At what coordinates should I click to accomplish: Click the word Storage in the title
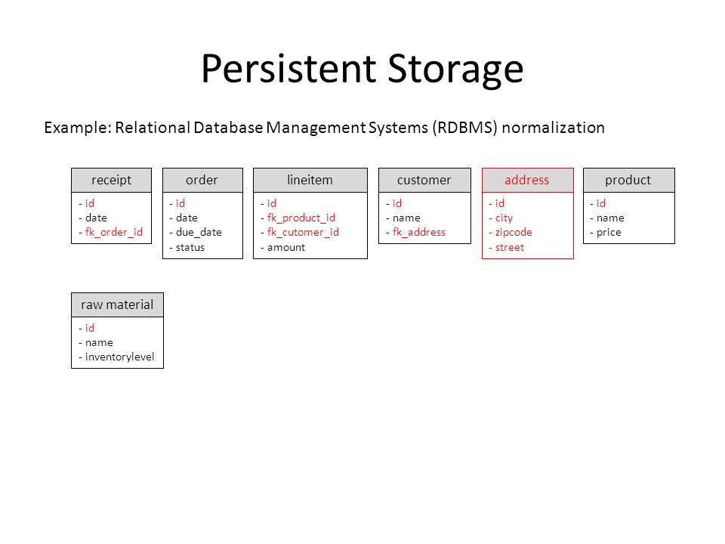[x=455, y=69]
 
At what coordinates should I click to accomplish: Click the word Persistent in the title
[x=288, y=69]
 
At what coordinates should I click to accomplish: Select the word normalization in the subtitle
[x=553, y=127]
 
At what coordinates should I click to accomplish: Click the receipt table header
[x=112, y=180]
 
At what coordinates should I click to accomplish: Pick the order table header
[x=202, y=180]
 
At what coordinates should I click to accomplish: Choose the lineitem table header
[x=310, y=180]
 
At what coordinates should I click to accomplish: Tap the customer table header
[x=424, y=180]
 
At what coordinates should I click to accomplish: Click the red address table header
[x=528, y=180]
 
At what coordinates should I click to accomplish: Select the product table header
[x=629, y=180]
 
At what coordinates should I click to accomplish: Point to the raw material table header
[x=118, y=304]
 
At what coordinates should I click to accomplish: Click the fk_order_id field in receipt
[x=114, y=232]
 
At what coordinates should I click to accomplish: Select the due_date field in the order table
[x=199, y=232]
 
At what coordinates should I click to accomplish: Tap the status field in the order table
[x=190, y=248]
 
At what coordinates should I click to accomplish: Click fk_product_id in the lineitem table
[x=301, y=218]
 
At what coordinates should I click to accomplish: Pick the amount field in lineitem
[x=286, y=248]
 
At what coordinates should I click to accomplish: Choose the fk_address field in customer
[x=419, y=232]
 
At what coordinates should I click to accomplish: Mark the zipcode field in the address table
[x=514, y=232]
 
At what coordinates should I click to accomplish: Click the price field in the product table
[x=609, y=232]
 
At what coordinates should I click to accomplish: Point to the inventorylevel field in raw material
[x=120, y=357]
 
